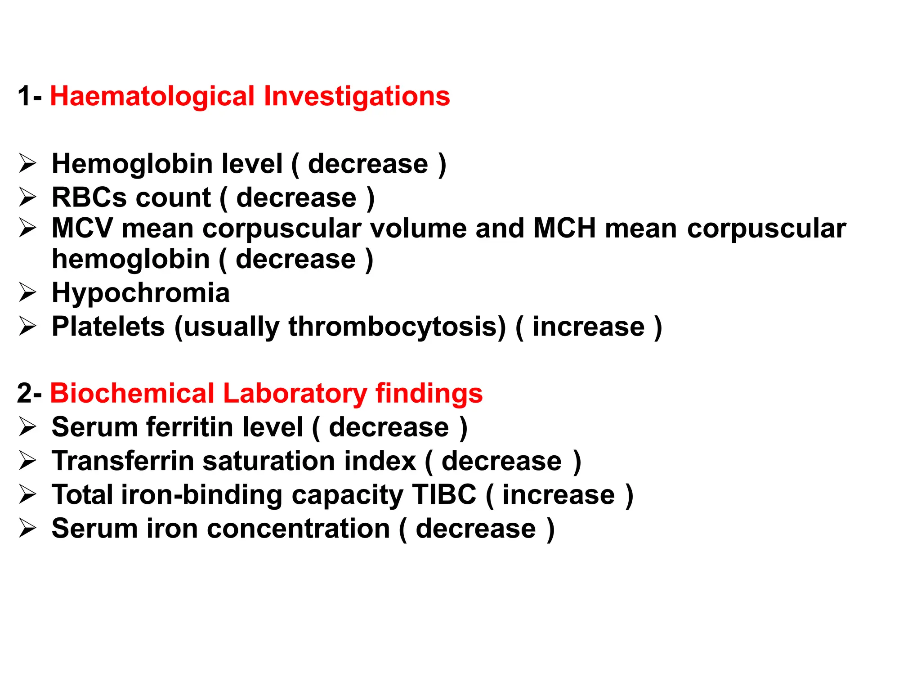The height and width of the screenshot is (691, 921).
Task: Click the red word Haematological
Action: [x=152, y=96]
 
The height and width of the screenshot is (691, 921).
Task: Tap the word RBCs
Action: [x=89, y=197]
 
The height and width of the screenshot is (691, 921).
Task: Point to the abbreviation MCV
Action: [x=82, y=228]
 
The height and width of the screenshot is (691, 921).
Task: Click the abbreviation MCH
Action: [x=564, y=228]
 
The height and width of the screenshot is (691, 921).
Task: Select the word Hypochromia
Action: [x=141, y=293]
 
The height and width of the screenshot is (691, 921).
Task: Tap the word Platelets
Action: [x=108, y=327]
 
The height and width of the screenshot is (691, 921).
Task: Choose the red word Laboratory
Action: [x=295, y=393]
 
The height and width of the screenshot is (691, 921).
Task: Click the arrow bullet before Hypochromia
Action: [x=27, y=293]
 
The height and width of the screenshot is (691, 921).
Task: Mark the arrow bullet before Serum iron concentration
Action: [x=27, y=529]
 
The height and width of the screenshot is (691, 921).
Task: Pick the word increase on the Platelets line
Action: [x=588, y=327]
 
